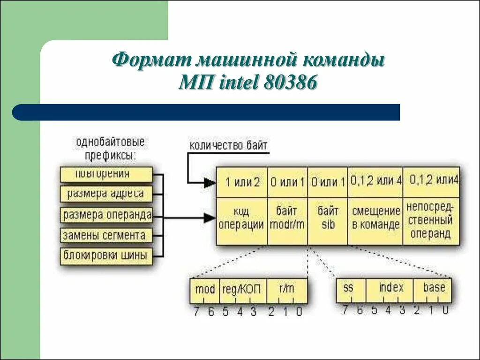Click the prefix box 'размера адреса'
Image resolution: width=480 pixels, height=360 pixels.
pos(106,194)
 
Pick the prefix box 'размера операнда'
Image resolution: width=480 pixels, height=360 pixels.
pos(107,215)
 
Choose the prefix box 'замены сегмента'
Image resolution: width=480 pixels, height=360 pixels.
pos(106,235)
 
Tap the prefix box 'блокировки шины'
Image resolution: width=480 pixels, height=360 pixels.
pos(106,256)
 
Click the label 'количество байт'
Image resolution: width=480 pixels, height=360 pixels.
pos(228,145)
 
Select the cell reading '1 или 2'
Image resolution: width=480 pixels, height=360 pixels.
pos(242,183)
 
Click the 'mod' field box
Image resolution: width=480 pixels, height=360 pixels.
pos(204,290)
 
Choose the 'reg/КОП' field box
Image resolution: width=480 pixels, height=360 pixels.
pos(242,290)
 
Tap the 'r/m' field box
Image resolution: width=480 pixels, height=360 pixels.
pos(286,290)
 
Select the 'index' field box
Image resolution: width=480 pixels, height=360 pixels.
pos(390,289)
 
